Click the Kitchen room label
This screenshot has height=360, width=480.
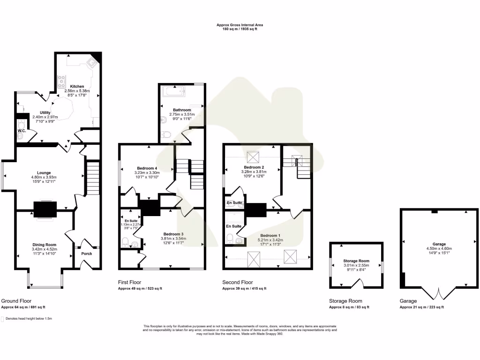(x=77, y=87)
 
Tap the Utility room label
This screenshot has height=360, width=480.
(x=45, y=113)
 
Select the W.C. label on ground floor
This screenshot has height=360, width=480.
(x=22, y=131)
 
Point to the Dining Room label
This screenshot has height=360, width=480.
(x=45, y=245)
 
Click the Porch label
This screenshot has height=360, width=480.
(x=87, y=254)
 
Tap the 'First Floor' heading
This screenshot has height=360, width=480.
(x=131, y=283)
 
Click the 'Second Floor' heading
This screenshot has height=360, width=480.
(x=238, y=283)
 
